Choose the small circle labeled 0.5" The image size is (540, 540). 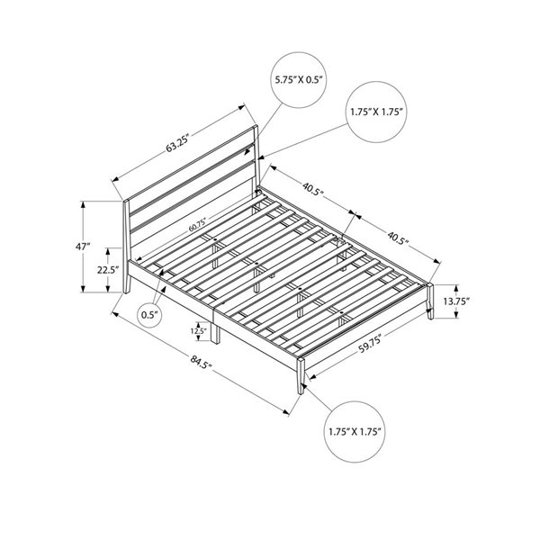pos(149,314)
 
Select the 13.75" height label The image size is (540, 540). pos(460,304)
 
